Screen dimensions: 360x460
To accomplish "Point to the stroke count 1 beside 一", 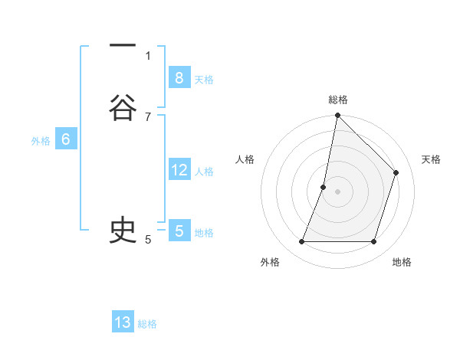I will tap(148, 54).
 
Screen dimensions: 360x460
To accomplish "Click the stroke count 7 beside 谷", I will tap(148, 116).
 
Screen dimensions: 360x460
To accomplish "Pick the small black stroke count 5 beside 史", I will tap(148, 239).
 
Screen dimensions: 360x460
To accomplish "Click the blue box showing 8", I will tap(179, 78).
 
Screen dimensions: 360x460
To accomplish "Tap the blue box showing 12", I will tap(179, 170).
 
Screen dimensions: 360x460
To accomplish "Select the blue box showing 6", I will tap(65, 139).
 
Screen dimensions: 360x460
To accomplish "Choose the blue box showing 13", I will tap(123, 322).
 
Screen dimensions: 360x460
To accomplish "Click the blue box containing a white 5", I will tap(179, 231).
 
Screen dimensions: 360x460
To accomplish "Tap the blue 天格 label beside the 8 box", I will tap(204, 79).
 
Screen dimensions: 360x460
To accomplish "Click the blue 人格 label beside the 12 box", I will tap(204, 172).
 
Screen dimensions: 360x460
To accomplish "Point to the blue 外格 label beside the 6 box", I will tap(41, 141).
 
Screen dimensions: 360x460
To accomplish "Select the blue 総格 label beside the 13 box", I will tap(147, 324).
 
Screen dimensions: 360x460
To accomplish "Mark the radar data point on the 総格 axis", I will tap(337, 115).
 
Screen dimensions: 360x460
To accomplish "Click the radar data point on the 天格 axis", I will tap(396, 172).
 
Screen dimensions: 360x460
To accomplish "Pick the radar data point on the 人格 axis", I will tap(324, 187).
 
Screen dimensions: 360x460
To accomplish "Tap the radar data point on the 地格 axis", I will tap(373, 242).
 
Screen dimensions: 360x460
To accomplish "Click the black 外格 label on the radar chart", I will tap(270, 262).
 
